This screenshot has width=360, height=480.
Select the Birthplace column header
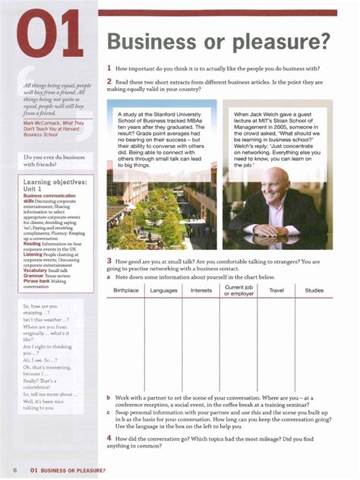coord(126,291)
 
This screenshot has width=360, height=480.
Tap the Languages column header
coord(163,291)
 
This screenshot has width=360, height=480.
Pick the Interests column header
coord(201,291)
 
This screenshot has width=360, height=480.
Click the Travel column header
coord(276,291)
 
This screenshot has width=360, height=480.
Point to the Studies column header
coord(314,291)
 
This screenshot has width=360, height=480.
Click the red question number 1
coord(109,68)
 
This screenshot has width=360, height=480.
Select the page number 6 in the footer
coord(15,471)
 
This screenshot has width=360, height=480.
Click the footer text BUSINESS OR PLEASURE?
coord(72,471)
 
